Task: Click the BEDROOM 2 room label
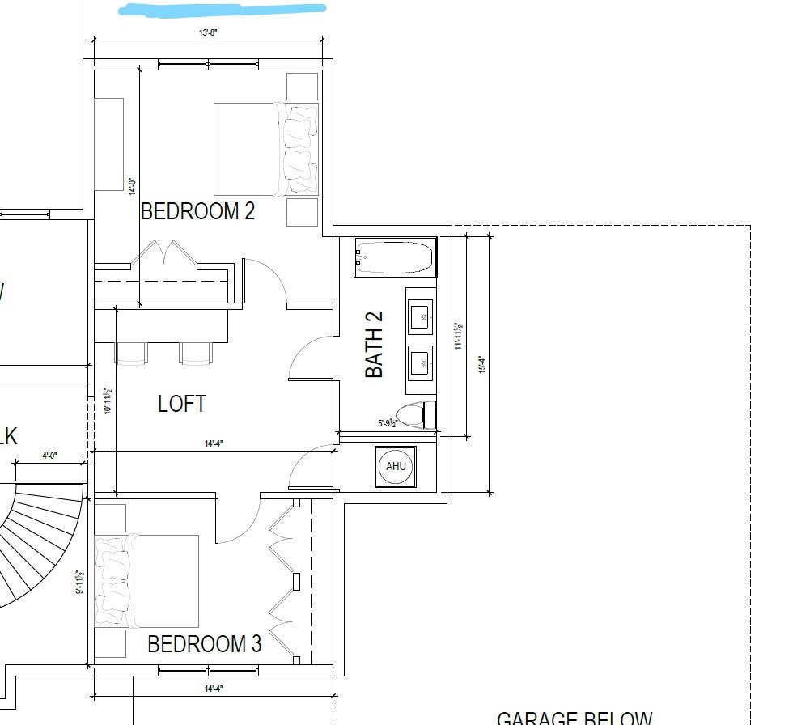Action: [197, 211]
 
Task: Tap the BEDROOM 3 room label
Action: [204, 644]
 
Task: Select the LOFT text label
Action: [182, 404]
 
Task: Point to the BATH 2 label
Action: [374, 345]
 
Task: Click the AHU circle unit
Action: [396, 467]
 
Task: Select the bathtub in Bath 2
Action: [395, 258]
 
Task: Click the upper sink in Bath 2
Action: [420, 316]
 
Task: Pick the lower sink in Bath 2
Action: [420, 362]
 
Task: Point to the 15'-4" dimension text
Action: [482, 364]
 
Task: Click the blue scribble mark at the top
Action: [223, 10]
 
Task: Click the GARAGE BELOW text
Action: [574, 718]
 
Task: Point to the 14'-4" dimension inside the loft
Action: [213, 443]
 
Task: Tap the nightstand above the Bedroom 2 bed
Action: [302, 86]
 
